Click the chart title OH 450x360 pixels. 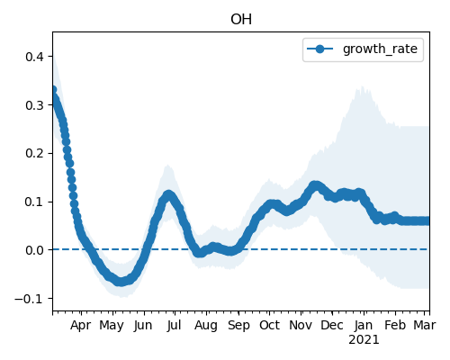(241, 20)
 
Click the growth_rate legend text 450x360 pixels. (380, 49)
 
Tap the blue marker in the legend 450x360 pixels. (320, 49)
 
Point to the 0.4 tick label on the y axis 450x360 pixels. (34, 57)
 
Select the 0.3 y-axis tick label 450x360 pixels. (34, 105)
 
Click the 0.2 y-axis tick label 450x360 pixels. (34, 153)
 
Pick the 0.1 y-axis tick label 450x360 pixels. (34, 202)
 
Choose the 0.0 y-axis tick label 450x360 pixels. (34, 250)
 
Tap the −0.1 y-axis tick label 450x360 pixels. (29, 299)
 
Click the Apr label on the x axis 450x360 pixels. (80, 326)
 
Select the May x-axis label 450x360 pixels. (112, 326)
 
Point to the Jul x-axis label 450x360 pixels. (174, 325)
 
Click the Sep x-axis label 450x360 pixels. (238, 326)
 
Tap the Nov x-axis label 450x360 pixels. (301, 325)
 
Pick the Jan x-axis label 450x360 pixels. (364, 325)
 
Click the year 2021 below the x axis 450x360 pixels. (364, 340)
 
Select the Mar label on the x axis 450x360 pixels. (425, 325)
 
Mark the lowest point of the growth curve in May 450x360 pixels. (120, 282)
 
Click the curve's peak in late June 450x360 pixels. (168, 195)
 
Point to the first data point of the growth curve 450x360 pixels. (53, 90)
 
